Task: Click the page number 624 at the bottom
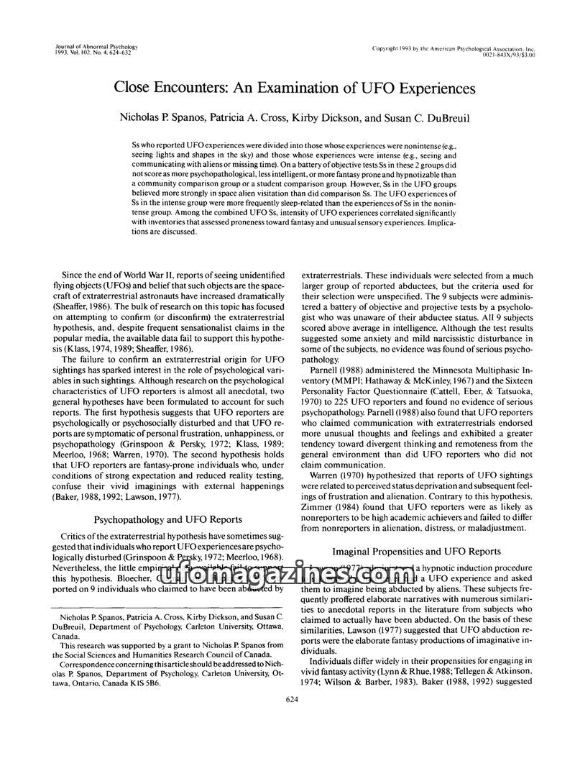click(x=291, y=699)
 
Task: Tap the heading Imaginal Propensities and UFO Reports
click(x=417, y=552)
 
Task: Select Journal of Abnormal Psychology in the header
click(x=97, y=47)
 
